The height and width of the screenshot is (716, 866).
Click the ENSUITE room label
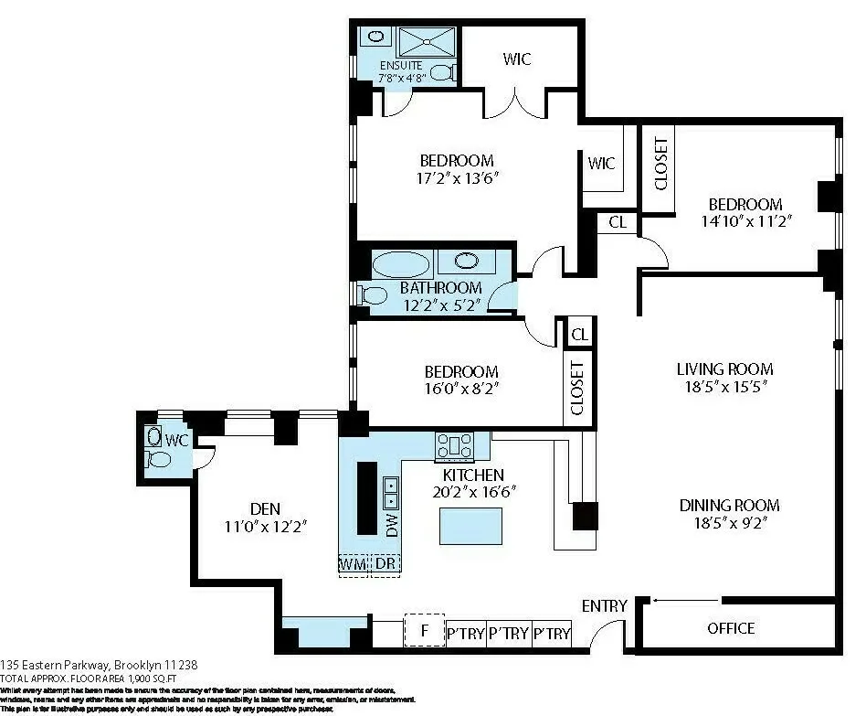pos(400,65)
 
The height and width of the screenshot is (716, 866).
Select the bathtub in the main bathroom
pos(400,264)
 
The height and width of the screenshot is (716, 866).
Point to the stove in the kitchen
pos(455,445)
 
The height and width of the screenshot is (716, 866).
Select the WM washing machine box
pos(354,564)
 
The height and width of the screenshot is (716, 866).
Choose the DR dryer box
pos(386,564)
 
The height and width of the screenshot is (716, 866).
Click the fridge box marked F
pos(424,631)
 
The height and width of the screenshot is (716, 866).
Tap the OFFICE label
pos(731,628)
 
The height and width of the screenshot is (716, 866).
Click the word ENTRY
pos(605,606)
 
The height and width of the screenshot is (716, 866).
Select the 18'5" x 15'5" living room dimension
pos(724,387)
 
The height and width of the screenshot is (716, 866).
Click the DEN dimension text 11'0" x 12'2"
pos(266,526)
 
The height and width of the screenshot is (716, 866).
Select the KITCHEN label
pos(473,476)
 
